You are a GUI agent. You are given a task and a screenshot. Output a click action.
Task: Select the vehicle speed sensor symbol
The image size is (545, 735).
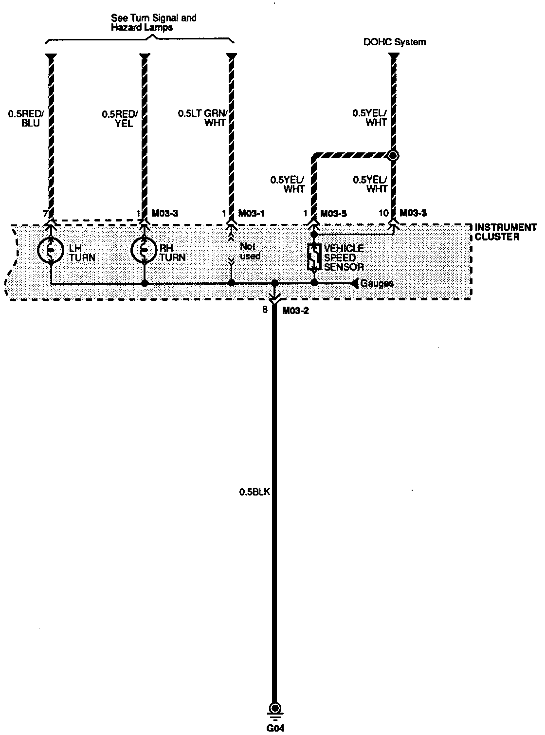pos(313,257)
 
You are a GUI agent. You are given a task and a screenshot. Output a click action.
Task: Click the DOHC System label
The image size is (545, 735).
pos(395,42)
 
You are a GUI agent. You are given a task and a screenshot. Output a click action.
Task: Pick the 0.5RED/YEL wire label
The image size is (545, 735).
pos(120,118)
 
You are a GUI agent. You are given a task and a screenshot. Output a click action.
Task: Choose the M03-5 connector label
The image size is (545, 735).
pos(333,214)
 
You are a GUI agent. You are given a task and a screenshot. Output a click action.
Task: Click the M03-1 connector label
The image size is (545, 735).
pos(251,214)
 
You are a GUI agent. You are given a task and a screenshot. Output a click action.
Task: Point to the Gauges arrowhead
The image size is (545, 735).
pos(354,283)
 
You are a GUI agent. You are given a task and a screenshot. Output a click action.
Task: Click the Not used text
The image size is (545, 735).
pos(250,252)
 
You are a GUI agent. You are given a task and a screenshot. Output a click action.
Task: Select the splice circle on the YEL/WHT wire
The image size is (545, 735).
pos(393,156)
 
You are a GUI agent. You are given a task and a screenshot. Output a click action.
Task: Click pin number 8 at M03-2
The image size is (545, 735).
pos(265,310)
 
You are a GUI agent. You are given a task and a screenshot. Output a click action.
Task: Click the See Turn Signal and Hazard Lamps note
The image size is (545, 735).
pos(154,22)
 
